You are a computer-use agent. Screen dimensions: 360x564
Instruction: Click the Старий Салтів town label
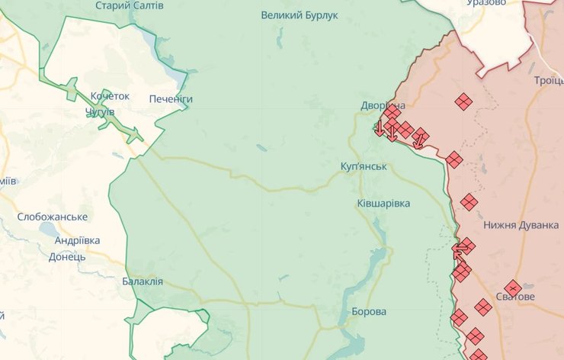tap(129, 5)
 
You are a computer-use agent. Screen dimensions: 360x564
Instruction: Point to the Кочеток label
tap(110, 96)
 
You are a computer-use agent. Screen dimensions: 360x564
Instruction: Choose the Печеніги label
tap(171, 99)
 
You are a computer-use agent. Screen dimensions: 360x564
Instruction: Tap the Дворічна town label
tap(383, 105)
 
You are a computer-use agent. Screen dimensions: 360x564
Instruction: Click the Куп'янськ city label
tap(364, 166)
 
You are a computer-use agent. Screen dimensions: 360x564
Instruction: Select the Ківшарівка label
tap(383, 204)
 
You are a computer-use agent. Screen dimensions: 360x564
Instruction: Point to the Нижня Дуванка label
tap(521, 226)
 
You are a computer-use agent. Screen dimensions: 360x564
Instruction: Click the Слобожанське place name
tap(52, 217)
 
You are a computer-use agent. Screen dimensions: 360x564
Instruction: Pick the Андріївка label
tap(77, 240)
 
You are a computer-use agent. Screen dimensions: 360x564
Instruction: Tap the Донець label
tap(67, 257)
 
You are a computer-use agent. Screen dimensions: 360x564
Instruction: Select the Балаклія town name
tap(143, 281)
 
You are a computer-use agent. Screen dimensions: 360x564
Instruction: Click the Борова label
tap(369, 312)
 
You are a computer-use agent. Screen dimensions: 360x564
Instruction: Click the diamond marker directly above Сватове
tap(513, 287)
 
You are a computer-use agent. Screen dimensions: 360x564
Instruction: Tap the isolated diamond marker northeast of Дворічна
tap(463, 101)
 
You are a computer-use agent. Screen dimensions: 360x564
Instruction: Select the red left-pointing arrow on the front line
tap(460, 248)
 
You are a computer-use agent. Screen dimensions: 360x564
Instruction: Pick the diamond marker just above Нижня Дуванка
tap(469, 202)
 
